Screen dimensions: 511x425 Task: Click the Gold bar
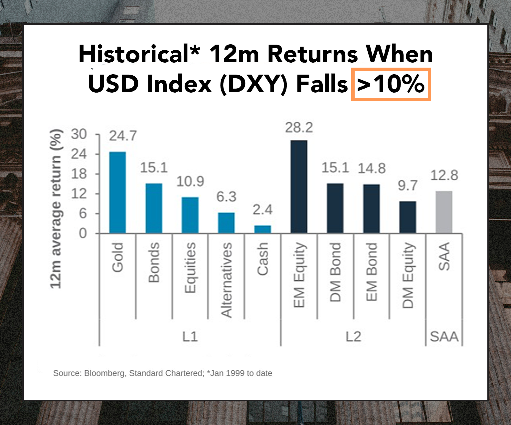point(117,193)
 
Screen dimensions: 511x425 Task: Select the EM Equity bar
point(299,187)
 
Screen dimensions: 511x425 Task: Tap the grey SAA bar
point(444,212)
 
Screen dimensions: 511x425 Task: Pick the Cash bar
point(262,229)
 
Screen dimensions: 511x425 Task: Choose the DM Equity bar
point(408,217)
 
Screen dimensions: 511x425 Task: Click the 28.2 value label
point(299,128)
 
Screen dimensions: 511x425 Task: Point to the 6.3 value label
point(226,197)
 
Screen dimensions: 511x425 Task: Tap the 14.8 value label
point(372,169)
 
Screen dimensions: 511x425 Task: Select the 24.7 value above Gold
point(123,136)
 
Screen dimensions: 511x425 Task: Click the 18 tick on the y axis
point(79,174)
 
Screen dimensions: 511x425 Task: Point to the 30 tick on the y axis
point(79,134)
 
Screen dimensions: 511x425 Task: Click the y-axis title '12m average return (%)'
point(56,209)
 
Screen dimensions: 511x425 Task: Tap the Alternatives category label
point(226,280)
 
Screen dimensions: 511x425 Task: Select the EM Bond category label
point(372,272)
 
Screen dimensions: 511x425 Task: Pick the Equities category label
point(190,268)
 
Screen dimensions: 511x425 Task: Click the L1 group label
point(190,336)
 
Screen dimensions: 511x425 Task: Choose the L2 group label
point(353,336)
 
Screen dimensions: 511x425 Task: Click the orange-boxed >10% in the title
point(391,84)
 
